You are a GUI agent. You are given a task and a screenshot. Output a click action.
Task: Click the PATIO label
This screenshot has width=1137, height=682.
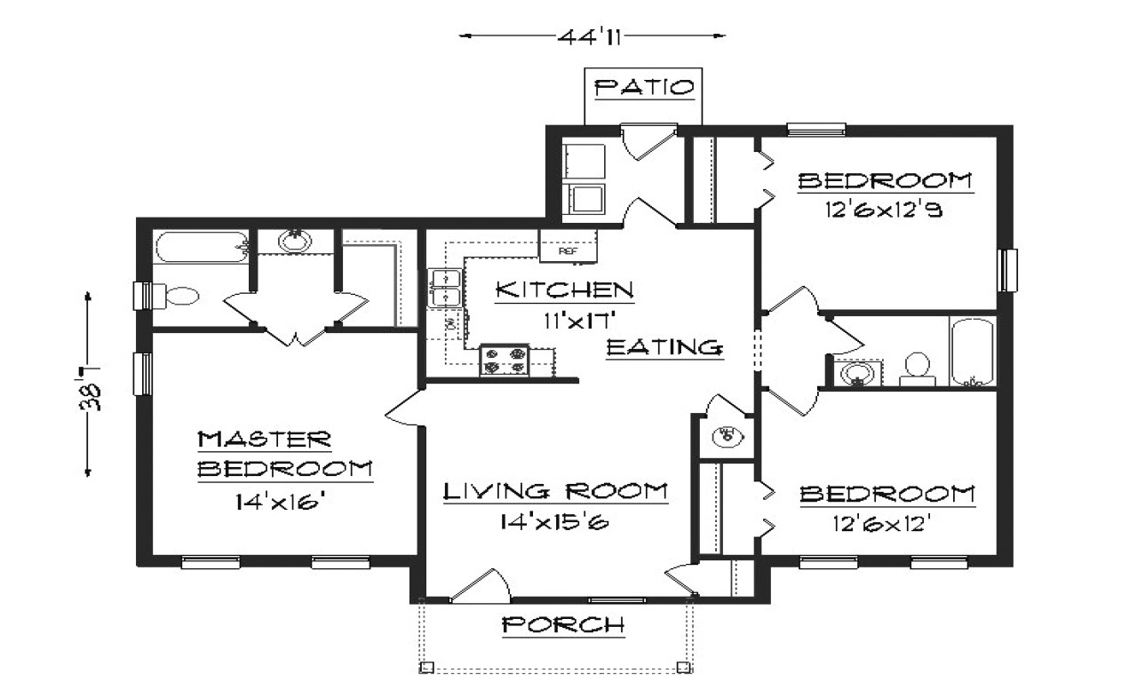644,88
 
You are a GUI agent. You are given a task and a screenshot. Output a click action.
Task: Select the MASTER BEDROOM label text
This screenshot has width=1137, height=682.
283,455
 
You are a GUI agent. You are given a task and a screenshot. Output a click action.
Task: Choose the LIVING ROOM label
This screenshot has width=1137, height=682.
555,491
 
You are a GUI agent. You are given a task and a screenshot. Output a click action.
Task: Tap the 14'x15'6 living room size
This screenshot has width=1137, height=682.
555,522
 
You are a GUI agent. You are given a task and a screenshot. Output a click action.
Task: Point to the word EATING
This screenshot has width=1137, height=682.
664,348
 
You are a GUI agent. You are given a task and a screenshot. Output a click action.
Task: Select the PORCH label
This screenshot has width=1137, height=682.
563,625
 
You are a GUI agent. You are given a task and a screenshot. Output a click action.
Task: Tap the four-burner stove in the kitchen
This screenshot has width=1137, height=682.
505,361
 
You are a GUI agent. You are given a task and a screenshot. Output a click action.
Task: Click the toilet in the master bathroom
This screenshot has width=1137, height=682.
177,297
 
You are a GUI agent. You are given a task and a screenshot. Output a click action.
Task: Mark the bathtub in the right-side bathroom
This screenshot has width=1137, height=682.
973,353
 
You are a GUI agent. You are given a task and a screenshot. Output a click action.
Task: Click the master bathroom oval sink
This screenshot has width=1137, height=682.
295,240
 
